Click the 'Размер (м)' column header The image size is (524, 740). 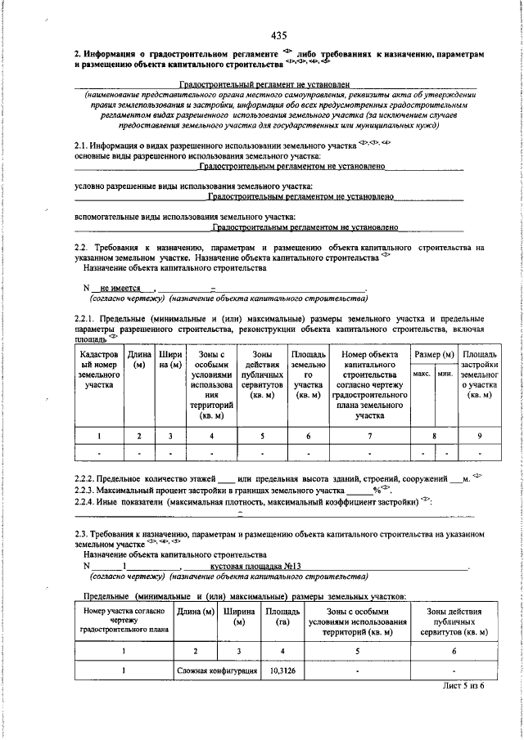point(433,356)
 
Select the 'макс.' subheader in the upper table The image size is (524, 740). point(422,373)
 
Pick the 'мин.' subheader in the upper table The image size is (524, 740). point(445,373)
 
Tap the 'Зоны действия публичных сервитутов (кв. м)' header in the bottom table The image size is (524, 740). point(455,621)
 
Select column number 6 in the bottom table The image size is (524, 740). point(455,651)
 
